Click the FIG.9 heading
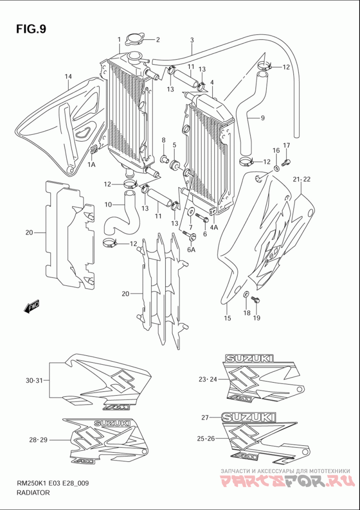31,29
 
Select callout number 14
68,77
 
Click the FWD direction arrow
31,306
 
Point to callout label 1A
91,165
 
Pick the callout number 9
262,118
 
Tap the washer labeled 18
246,295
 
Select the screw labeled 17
286,161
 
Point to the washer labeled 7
190,212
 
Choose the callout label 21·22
302,179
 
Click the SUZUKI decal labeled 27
249,417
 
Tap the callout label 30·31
34,380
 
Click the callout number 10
108,205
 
